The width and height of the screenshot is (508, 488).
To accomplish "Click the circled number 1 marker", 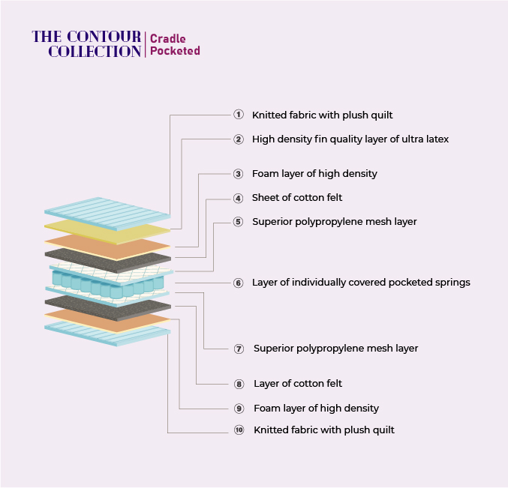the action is point(239,115).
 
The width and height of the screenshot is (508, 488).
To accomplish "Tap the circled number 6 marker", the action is point(239,283).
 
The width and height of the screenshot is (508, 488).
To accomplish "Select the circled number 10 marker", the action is point(239,430).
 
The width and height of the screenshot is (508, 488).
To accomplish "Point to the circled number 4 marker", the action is point(239,198).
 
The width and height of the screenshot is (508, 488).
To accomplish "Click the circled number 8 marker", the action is point(239,384).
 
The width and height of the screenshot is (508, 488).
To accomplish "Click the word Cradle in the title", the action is point(168,39).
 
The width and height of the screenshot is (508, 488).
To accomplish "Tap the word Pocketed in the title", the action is point(175,51).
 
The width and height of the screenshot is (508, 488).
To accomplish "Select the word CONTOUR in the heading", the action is point(104,37).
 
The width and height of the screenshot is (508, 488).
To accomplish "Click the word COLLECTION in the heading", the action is point(95,52).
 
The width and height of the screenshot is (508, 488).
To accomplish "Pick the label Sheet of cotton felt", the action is point(297,197).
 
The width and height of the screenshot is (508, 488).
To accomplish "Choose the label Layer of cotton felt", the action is point(298,384).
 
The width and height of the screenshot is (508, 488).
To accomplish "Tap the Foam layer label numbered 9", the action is point(316,409).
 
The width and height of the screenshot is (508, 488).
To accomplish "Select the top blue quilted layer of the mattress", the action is point(107,214).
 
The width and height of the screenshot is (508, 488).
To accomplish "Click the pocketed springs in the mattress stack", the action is point(108,284).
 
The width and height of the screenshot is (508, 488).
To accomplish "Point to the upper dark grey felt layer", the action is point(108,261).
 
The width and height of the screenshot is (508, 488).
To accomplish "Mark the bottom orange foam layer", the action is point(107,321).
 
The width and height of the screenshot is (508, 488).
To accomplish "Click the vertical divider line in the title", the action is point(145,45).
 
